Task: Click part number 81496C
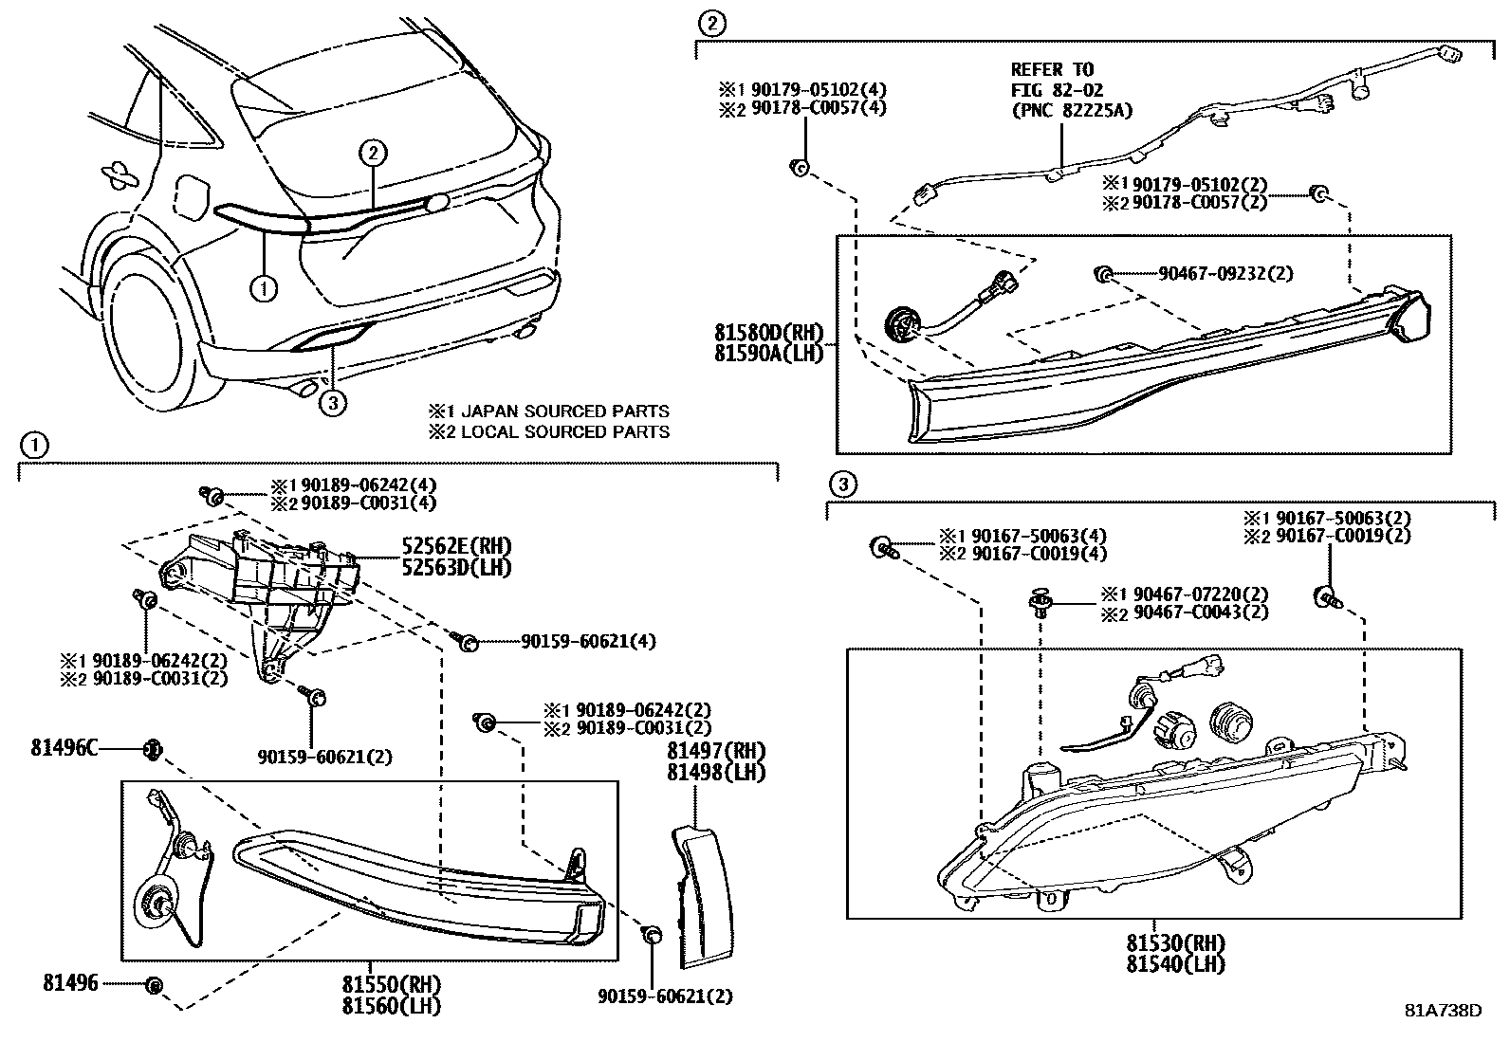tap(64, 747)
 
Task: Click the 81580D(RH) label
tap(769, 333)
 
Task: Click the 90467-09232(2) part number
tap(1225, 273)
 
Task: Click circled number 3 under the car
tap(331, 404)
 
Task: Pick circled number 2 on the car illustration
tap(374, 153)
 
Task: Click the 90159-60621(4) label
tap(587, 642)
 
